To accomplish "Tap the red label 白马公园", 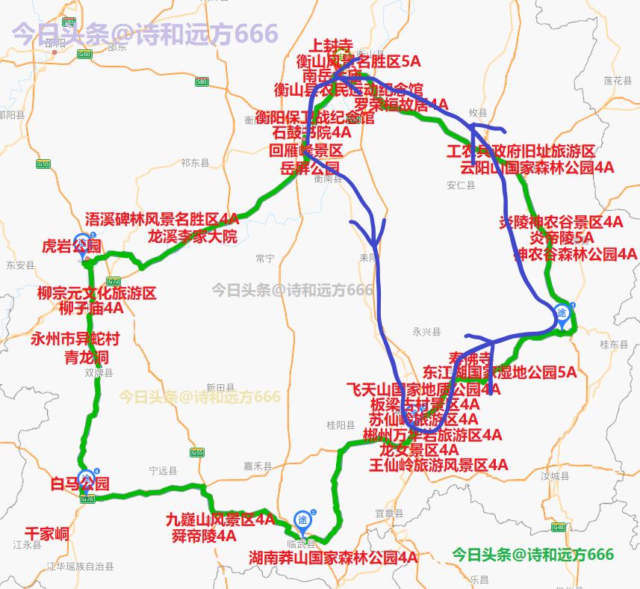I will pos(80,484).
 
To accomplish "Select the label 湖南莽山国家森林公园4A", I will pos(333,558).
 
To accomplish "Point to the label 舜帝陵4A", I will pos(204,535).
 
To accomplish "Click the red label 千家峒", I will pos(47,533).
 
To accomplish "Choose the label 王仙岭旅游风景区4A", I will pos(438,465).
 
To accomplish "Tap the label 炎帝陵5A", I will pos(562,238).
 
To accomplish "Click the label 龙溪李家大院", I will pos(192,237).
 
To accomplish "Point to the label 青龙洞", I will pos(87,357).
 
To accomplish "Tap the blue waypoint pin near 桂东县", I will pos(562,314).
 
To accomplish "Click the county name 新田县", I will pos(220,387).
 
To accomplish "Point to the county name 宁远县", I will pos(163,471).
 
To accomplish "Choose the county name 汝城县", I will pos(555,476).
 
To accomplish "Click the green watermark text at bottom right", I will pos(532,555).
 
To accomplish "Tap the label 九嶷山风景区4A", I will pos(220,519).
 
